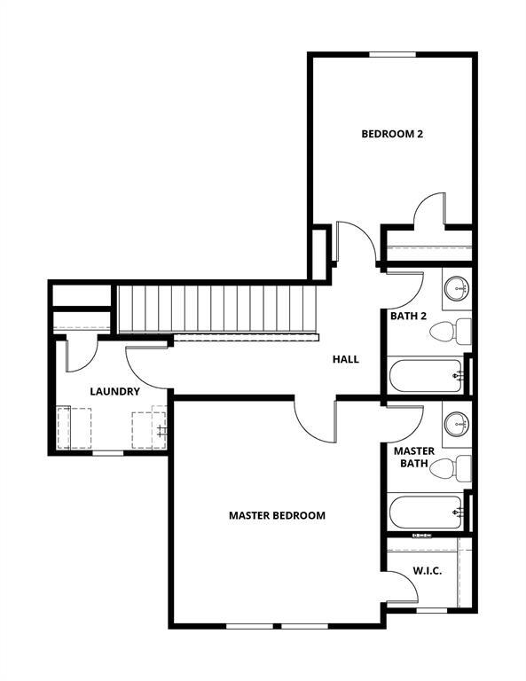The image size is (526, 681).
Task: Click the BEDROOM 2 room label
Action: (391, 135)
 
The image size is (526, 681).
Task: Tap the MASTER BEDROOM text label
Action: (277, 515)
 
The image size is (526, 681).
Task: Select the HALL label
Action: (345, 359)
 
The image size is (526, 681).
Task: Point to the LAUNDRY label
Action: (114, 391)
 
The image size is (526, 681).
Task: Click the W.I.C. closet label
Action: (429, 572)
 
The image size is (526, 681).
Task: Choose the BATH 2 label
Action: (409, 315)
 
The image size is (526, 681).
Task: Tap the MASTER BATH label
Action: (414, 457)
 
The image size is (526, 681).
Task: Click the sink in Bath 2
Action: (457, 287)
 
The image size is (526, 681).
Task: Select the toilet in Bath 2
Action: (450, 333)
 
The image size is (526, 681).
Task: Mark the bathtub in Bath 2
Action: (426, 376)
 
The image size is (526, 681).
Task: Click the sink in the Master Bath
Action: (457, 422)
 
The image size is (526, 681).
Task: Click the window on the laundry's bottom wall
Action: (108, 452)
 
